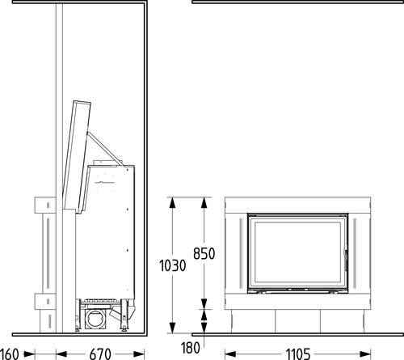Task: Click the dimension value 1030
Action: [x=173, y=265]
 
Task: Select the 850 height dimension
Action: [x=204, y=254]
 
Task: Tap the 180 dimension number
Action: [x=191, y=348]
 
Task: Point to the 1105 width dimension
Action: [x=298, y=354]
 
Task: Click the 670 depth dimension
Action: [x=100, y=354]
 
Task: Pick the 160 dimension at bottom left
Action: [x=10, y=354]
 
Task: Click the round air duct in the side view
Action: [x=95, y=319]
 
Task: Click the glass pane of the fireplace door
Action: [x=297, y=252]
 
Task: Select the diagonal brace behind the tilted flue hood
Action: [x=104, y=148]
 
